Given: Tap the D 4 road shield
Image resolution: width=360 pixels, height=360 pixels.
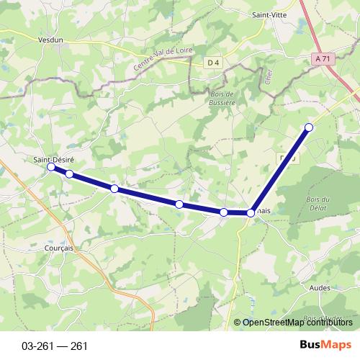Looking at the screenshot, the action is (212, 63).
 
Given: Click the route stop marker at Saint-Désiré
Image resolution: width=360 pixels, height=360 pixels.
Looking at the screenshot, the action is (51, 167).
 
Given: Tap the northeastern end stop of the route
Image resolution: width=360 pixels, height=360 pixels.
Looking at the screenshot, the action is (309, 127).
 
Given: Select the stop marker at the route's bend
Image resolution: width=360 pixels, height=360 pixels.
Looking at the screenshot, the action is (251, 212).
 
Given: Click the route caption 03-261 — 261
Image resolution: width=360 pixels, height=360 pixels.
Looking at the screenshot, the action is (55, 346).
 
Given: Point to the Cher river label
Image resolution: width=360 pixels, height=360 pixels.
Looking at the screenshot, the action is (266, 76).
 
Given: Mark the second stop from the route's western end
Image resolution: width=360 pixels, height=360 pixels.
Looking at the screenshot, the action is (69, 174).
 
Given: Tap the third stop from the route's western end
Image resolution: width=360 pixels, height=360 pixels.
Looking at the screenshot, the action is (114, 189).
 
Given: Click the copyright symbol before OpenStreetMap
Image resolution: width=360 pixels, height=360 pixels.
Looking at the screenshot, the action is (238, 323).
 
